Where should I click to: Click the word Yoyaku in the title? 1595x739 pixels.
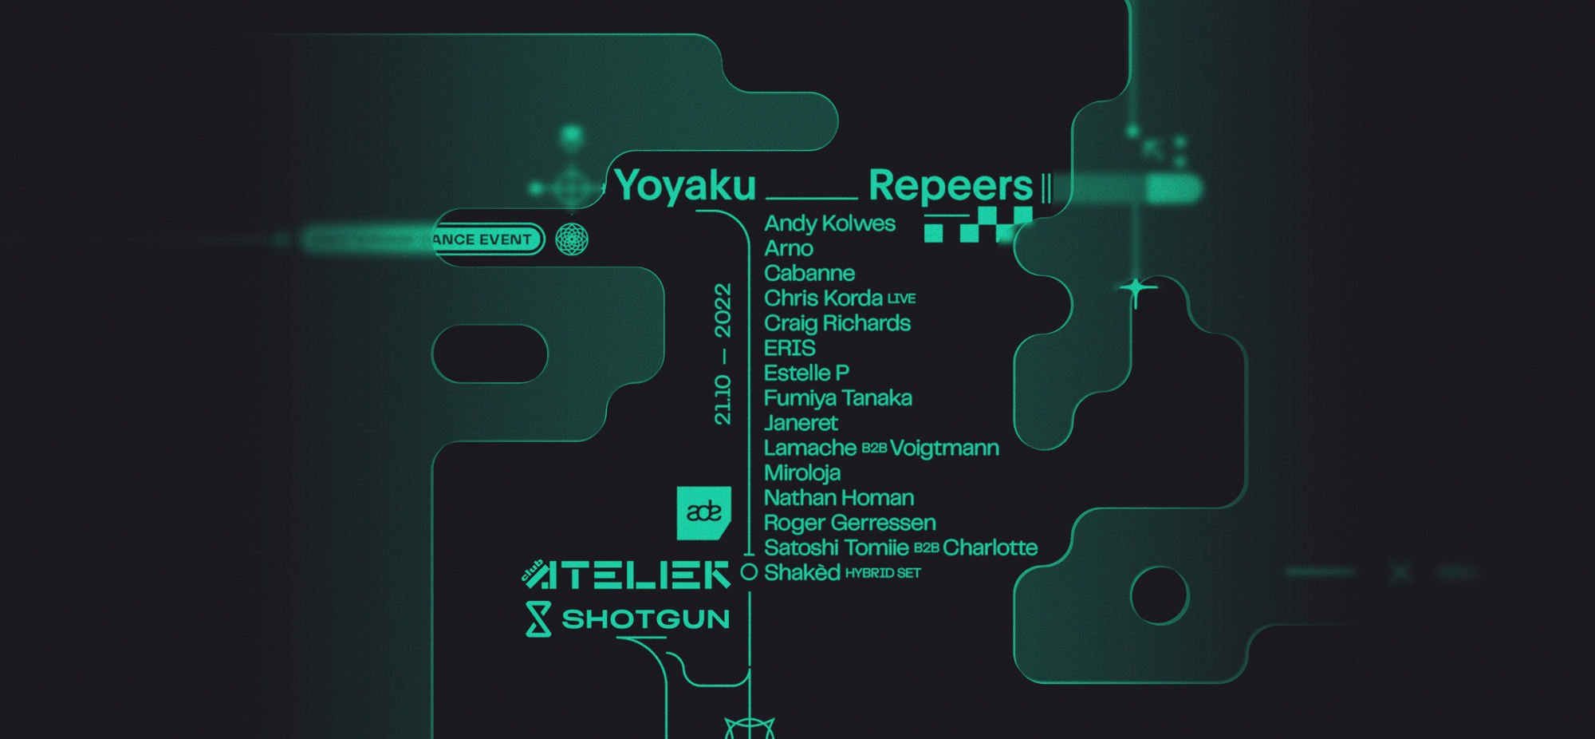tap(685, 186)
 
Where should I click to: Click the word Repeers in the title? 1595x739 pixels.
tap(951, 186)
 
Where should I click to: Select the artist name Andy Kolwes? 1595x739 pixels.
tap(829, 223)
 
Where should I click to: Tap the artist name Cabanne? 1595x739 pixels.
tap(809, 273)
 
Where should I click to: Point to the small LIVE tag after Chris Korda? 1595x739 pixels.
tap(901, 298)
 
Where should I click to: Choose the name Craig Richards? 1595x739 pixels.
tap(837, 323)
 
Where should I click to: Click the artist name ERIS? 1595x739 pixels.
tap(790, 348)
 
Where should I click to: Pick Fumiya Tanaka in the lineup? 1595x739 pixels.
tap(837, 397)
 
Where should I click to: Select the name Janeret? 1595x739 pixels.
tap(801, 423)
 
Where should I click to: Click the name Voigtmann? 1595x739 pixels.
tap(944, 448)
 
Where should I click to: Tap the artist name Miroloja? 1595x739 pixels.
tap(801, 472)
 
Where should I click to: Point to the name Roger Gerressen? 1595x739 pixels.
tap(849, 523)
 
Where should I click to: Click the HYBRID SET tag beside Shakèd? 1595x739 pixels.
tap(883, 573)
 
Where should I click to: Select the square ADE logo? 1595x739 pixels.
tap(703, 512)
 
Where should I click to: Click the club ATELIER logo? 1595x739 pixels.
tap(626, 575)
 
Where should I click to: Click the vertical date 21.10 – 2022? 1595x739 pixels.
tap(723, 354)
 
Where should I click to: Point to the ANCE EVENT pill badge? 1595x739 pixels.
tap(485, 239)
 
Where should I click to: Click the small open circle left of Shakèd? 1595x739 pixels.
tap(749, 571)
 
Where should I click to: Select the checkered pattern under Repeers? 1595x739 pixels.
tap(978, 224)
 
